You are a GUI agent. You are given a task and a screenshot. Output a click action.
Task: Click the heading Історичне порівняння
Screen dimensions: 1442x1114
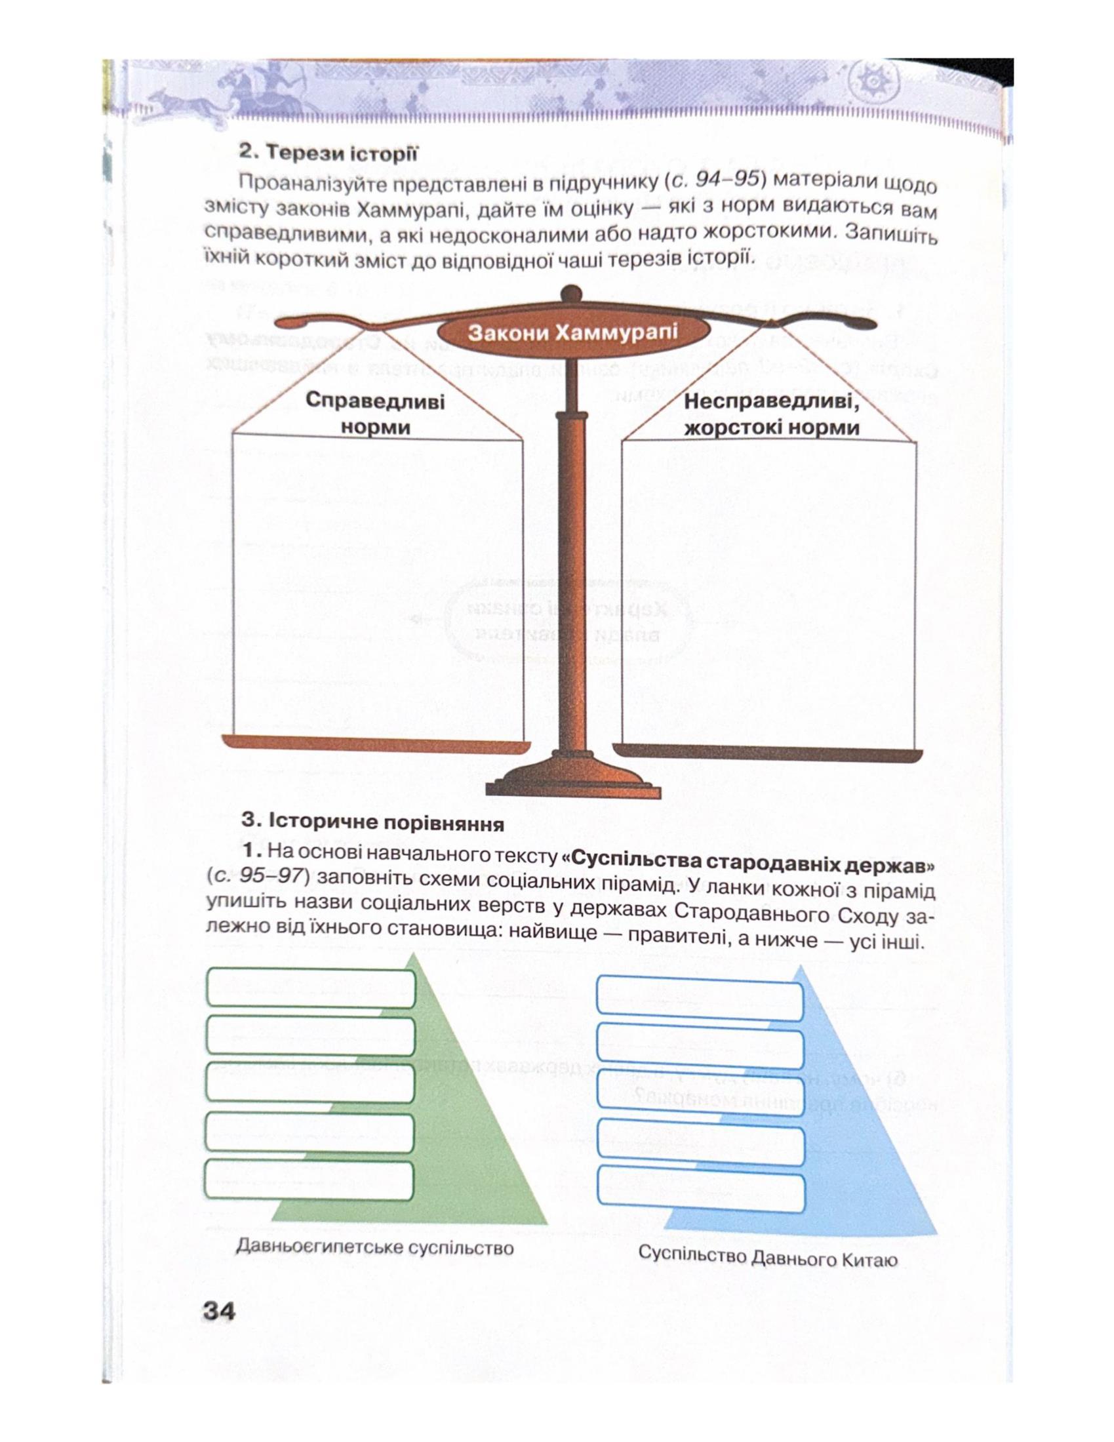(372, 823)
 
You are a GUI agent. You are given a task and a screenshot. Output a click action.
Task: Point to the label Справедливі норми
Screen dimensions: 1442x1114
(375, 414)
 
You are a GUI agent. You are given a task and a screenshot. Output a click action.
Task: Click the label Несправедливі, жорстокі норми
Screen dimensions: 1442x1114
(772, 414)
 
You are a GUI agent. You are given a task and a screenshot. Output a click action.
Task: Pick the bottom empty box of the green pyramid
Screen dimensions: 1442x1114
(309, 1179)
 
